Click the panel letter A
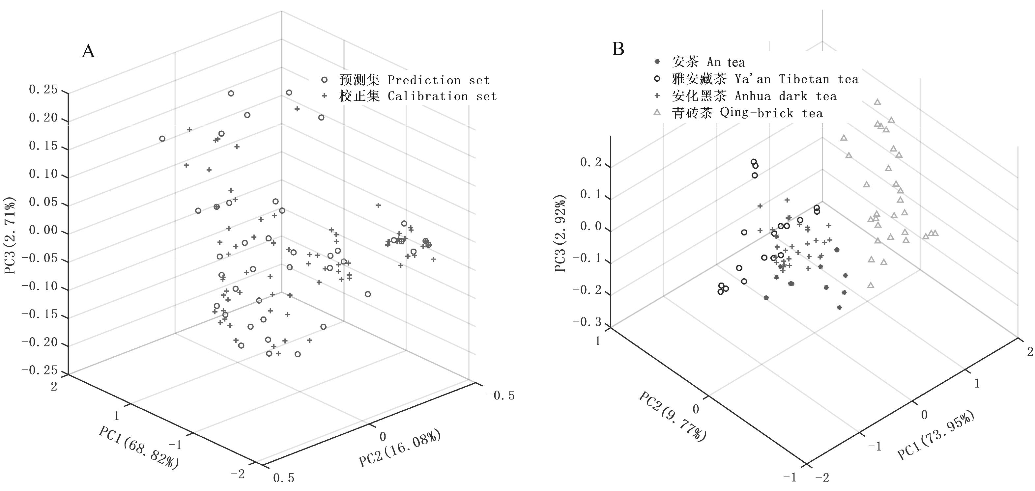[x=88, y=51]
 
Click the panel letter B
[x=618, y=49]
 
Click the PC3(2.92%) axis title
[x=561, y=233]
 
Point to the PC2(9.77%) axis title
[x=672, y=416]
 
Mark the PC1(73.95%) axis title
[x=936, y=436]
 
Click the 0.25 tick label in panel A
[x=43, y=90]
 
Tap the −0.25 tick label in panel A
[x=39, y=370]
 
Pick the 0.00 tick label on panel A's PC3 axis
[x=43, y=230]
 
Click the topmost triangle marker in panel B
[x=877, y=102]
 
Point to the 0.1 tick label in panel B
[x=590, y=195]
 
